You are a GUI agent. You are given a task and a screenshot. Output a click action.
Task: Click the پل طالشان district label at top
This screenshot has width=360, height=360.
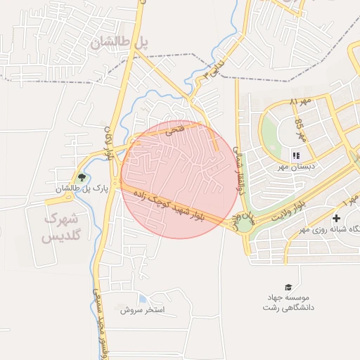pos(120,43)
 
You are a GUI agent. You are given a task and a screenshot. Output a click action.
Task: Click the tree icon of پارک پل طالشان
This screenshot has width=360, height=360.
pos(82,177)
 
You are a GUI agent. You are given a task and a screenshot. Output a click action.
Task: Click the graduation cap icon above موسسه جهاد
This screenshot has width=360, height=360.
pos(288,287)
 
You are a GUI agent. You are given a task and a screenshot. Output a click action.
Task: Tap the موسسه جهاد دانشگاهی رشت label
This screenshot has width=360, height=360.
pos(288,303)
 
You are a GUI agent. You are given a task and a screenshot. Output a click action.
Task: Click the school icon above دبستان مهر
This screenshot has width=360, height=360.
pos(295,155)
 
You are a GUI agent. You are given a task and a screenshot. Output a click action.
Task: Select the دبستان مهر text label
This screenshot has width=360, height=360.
pos(295,166)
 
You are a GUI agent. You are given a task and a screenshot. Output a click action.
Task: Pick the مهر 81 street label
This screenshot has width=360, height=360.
pos(299,103)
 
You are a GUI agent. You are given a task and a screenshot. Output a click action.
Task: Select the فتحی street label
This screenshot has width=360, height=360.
pos(173,130)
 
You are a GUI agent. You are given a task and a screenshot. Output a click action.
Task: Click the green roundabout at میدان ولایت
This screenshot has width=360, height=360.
pos(244,225)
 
